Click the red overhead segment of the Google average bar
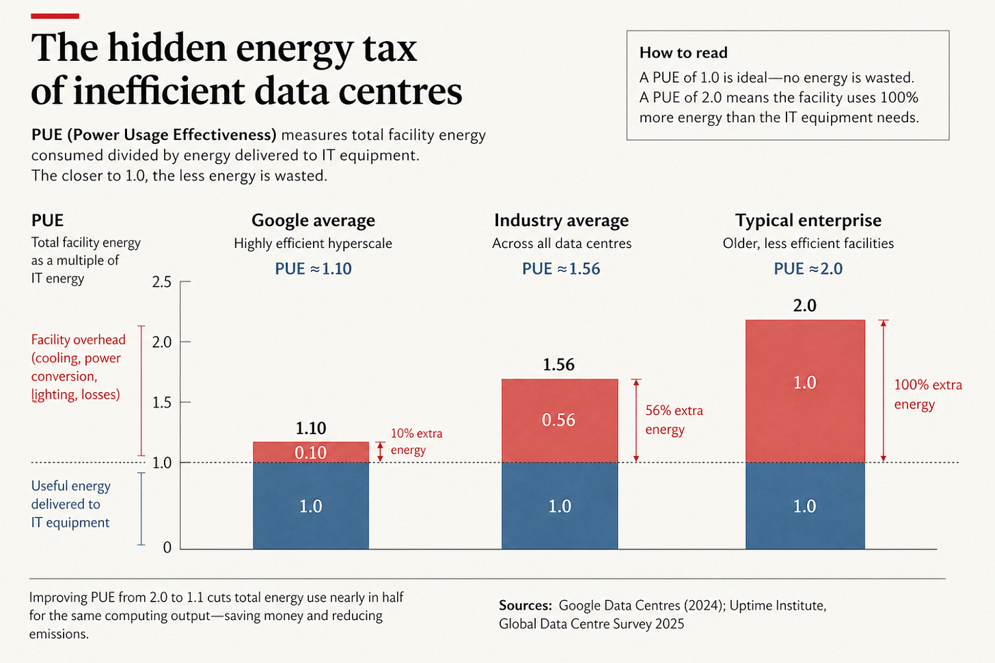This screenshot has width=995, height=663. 311,452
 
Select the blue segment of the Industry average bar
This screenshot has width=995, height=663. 560,506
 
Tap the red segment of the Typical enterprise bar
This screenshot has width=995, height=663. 805,391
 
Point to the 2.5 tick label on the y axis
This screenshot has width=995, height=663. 162,282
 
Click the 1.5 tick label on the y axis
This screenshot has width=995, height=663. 162,402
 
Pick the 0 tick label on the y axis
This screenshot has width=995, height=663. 167,548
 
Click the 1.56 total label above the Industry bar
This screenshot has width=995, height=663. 559,365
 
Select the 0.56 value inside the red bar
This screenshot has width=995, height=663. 558,420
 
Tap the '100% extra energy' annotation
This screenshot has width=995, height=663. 928,394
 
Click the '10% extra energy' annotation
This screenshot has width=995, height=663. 416,442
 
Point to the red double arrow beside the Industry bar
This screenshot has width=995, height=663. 636,420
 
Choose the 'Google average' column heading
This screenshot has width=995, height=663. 313,220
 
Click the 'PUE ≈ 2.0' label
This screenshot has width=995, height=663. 808,268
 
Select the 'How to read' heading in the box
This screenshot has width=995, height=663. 683,53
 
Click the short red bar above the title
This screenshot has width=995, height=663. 55,16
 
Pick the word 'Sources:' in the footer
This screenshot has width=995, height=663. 526,606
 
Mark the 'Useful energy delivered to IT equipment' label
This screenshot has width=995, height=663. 70,504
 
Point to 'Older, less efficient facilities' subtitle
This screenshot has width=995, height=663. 808,243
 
